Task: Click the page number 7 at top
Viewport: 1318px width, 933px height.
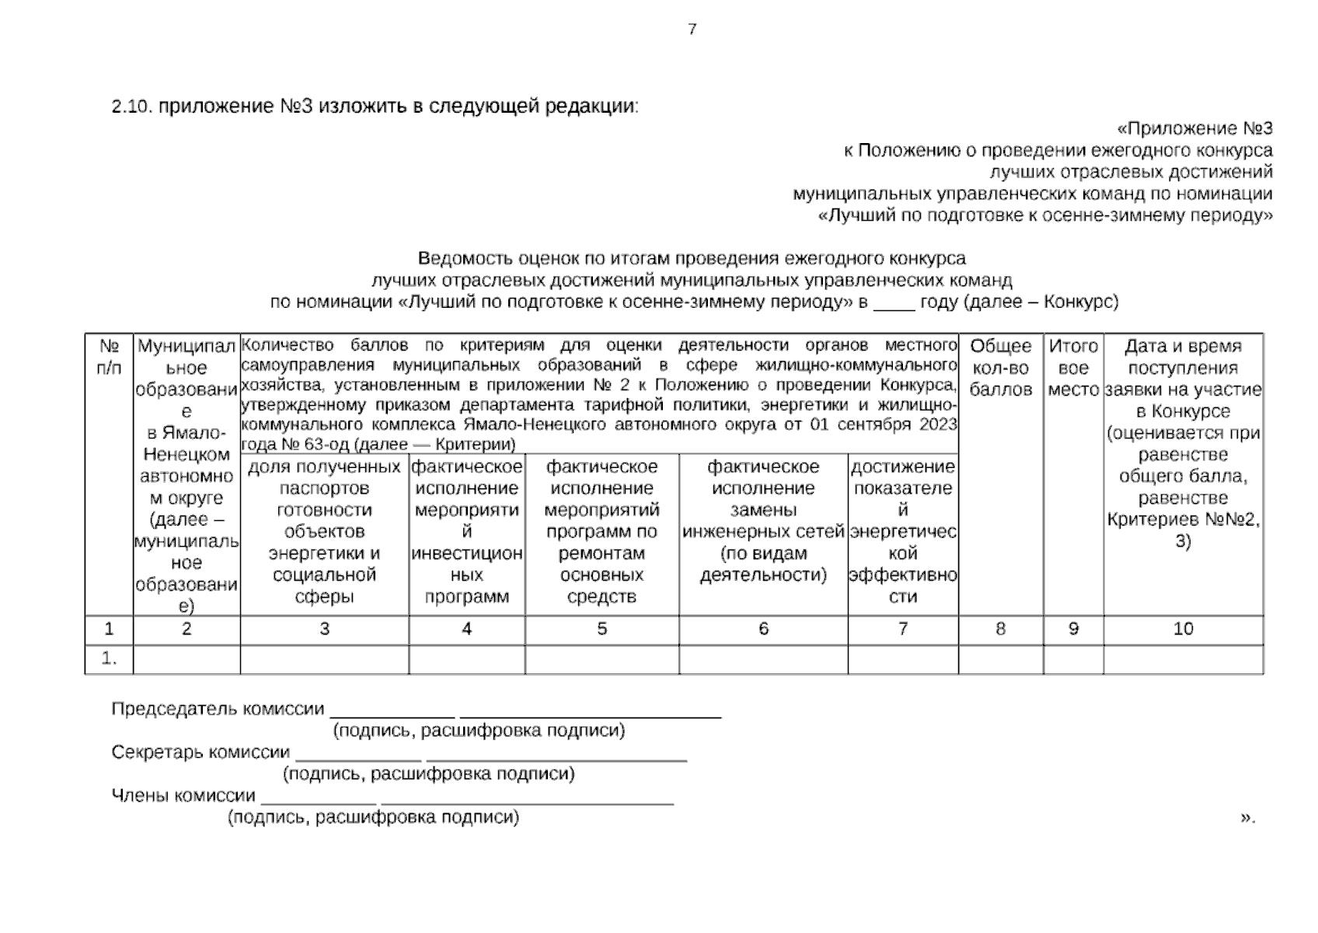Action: (x=692, y=30)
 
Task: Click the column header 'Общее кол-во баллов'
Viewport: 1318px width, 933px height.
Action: (x=1000, y=368)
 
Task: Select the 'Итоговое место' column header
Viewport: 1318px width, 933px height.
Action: (x=1072, y=368)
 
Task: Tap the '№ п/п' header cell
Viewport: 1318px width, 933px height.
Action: (x=109, y=357)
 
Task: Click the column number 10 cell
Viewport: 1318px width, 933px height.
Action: (x=1182, y=629)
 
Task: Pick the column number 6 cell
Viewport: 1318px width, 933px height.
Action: (x=762, y=629)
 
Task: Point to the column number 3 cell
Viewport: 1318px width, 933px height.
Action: (x=324, y=629)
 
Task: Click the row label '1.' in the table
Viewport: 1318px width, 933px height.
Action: (x=109, y=659)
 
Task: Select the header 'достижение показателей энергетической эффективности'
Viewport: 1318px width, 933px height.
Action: (x=902, y=531)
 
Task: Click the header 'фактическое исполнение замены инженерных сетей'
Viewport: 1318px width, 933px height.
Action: (x=762, y=520)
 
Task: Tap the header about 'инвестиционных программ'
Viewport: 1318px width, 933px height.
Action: (x=466, y=531)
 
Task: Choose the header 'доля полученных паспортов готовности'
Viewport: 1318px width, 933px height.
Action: (x=324, y=531)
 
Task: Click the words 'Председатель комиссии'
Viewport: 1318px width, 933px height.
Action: (x=218, y=709)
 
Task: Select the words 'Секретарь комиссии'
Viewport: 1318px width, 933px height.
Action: (x=200, y=753)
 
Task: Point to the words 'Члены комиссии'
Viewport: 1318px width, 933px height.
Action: (x=183, y=795)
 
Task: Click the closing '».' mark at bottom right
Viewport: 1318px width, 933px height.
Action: (x=1247, y=816)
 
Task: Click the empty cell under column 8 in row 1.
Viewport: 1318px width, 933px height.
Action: (x=1000, y=659)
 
